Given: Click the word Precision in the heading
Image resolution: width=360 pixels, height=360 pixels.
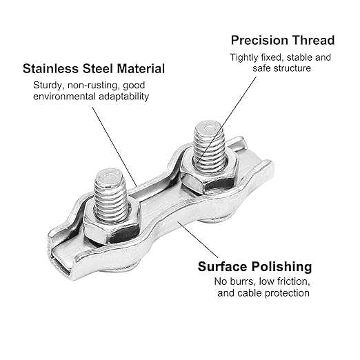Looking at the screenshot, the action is pyautogui.click(x=259, y=40).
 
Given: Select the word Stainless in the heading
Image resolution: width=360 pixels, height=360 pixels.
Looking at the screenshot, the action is pyautogui.click(x=51, y=68).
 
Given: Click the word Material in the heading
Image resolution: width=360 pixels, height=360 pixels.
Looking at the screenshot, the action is pyautogui.click(x=141, y=68).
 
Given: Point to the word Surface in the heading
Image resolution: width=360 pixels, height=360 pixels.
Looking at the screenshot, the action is pyautogui.click(x=222, y=267).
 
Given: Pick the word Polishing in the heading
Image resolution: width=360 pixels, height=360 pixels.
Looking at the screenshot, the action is pyautogui.click(x=281, y=267).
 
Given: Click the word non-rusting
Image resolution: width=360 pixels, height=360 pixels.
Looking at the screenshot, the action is pyautogui.click(x=94, y=86).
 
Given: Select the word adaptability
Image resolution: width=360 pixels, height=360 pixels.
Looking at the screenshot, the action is pyautogui.click(x=124, y=97).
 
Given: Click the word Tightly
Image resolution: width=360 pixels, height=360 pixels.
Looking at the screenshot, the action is pyautogui.click(x=244, y=57).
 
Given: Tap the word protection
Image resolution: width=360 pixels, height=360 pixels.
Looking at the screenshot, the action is pyautogui.click(x=287, y=293).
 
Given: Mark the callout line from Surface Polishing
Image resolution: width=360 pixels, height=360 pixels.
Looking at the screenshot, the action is pyautogui.click(x=197, y=239).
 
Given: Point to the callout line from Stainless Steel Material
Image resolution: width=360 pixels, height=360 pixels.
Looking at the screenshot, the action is pyautogui.click(x=114, y=147).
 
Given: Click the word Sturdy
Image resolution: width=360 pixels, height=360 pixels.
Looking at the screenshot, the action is pyautogui.click(x=49, y=86).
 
